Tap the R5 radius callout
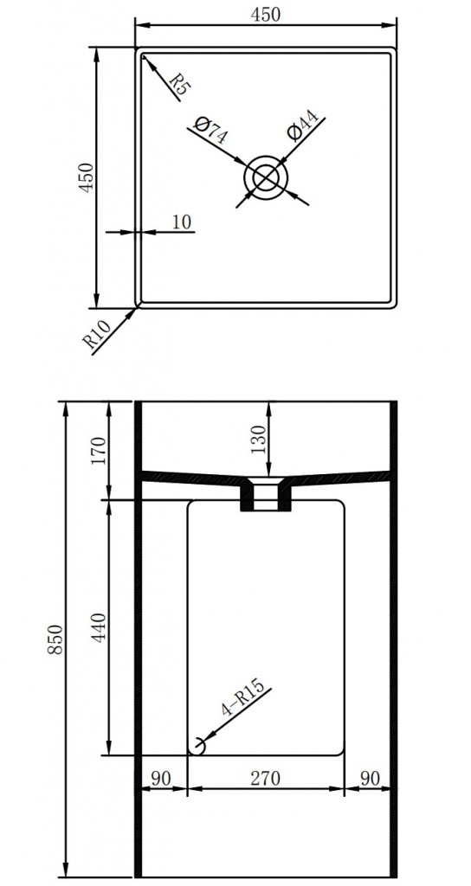178,83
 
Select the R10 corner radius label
98,336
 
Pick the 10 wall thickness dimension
181,221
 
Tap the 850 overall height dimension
55,639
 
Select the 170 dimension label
98,451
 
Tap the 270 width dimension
266,778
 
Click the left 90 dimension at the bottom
161,778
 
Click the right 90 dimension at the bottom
370,778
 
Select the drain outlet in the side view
266,497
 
